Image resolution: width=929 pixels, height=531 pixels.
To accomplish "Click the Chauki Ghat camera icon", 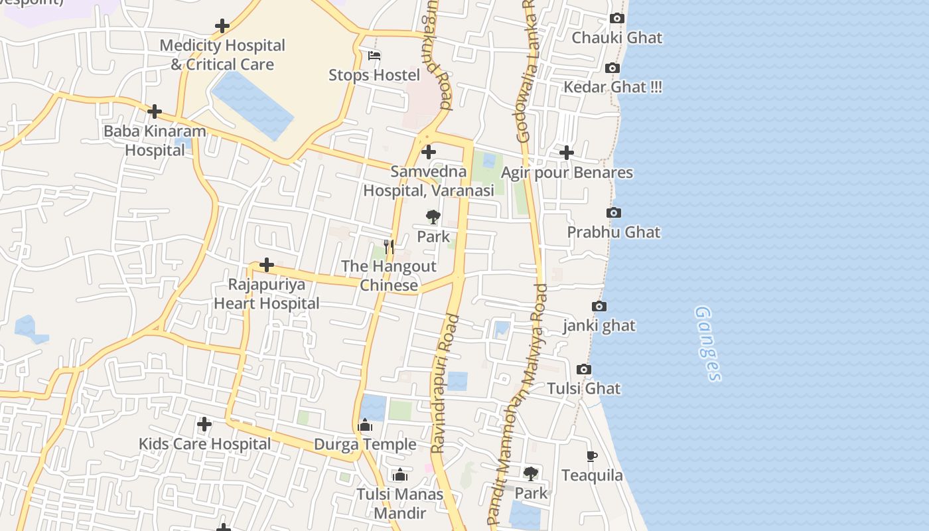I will click(617, 19).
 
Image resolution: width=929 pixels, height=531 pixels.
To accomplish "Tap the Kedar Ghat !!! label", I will click(612, 87).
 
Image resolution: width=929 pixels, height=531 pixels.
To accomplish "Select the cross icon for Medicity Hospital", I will click(222, 27).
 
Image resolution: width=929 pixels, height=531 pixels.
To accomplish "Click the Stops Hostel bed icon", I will click(374, 56).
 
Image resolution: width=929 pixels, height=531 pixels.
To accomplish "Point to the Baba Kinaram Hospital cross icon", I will click(155, 112).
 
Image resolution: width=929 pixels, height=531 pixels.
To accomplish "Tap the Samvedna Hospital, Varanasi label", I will click(429, 181).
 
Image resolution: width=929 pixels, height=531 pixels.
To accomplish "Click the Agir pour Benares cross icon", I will click(566, 153).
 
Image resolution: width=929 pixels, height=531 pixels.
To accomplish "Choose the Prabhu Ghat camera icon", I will click(614, 213).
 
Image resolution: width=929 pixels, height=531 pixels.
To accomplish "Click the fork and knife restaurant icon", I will click(389, 247).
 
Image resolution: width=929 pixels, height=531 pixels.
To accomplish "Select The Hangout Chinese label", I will click(389, 275).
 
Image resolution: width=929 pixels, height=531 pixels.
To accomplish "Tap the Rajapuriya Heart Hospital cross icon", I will click(267, 265).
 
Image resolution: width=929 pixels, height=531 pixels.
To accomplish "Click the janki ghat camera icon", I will click(599, 307).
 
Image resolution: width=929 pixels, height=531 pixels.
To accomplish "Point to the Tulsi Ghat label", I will click(584, 388).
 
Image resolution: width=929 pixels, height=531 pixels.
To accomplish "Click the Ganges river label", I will click(707, 343).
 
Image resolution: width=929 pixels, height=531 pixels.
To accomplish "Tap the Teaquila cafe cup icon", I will click(592, 456).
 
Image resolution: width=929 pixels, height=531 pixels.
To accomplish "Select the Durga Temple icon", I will click(365, 425).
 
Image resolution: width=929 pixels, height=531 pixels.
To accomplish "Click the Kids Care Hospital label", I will click(204, 443).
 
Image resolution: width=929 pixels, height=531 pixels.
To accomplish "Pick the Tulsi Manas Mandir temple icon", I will click(400, 475).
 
